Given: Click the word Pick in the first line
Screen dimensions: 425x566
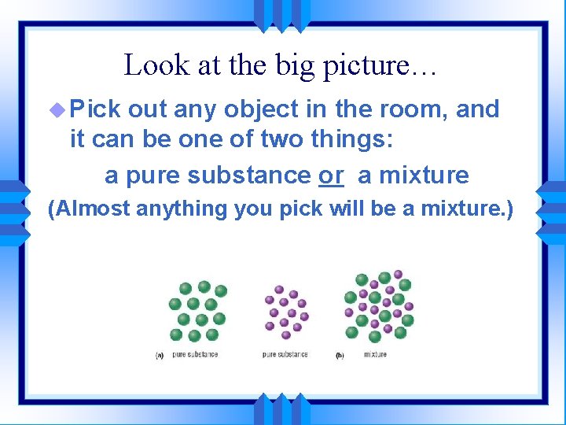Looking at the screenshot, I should pyautogui.click(x=94, y=109).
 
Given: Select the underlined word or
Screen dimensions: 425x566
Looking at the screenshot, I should pyautogui.click(x=331, y=175).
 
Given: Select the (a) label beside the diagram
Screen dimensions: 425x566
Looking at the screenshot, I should pyautogui.click(x=160, y=355).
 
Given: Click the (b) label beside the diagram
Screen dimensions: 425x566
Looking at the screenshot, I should pyautogui.click(x=340, y=355).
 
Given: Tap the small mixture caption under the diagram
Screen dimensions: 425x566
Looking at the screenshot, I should pyautogui.click(x=375, y=354).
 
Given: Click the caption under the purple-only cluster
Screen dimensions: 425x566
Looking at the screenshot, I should pyautogui.click(x=285, y=354).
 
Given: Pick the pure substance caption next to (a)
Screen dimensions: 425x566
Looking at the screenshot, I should pyautogui.click(x=195, y=354).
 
